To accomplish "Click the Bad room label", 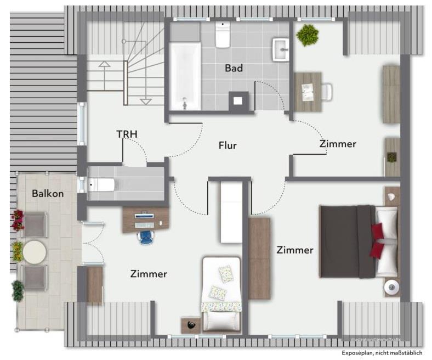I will [x=234, y=69].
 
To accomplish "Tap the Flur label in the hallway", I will [x=228, y=145].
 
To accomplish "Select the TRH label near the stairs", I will [x=127, y=134].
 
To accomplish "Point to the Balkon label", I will [x=48, y=194].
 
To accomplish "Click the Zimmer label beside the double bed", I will [x=295, y=250].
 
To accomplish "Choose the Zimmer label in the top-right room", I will [x=338, y=144].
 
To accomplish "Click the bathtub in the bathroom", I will [x=185, y=77].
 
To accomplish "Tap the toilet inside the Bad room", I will [x=223, y=36].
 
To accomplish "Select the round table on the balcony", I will [x=35, y=252].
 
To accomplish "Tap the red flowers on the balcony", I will [x=18, y=220].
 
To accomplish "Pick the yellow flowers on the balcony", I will [x=18, y=251].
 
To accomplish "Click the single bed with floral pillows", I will [x=221, y=294].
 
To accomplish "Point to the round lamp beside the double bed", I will [x=391, y=287].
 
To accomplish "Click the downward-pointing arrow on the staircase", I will [x=145, y=101].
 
